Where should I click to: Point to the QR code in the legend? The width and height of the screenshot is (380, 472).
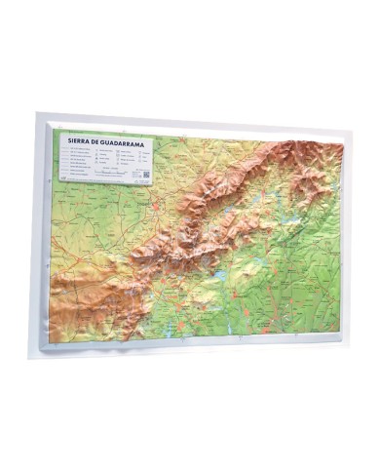click(145, 176)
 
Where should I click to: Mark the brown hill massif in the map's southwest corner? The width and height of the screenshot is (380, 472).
click(83, 302)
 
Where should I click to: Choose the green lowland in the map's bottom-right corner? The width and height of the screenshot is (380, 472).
click(312, 312)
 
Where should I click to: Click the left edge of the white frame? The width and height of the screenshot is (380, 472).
click(40, 234)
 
